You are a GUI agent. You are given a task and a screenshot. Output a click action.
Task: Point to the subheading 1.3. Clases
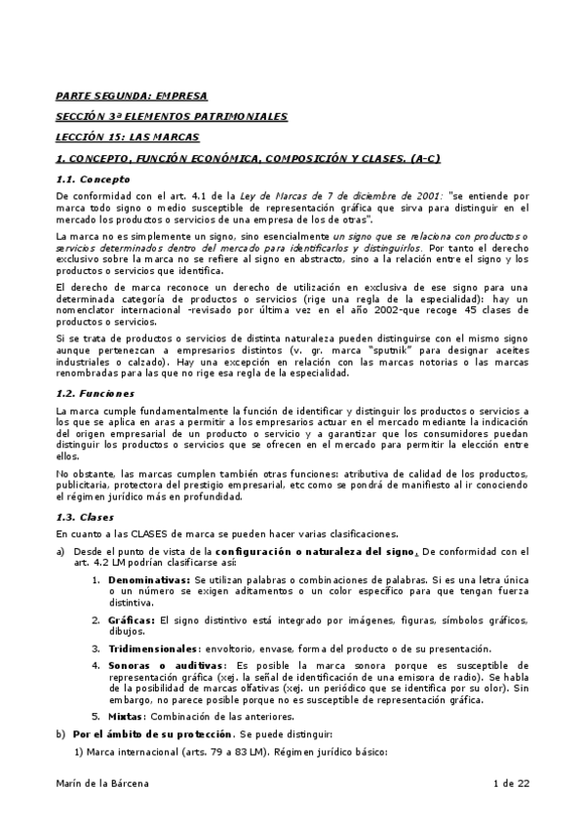click(x=85, y=516)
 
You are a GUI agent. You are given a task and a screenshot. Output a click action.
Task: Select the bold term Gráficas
click(x=133, y=620)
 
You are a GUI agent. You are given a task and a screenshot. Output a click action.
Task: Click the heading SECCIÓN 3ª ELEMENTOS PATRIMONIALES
click(x=172, y=116)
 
